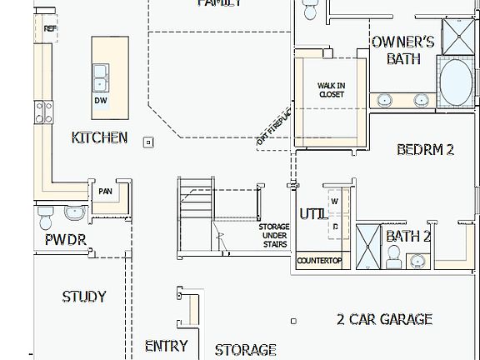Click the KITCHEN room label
[100, 137]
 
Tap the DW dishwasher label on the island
[100, 101]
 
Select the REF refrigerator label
[50, 28]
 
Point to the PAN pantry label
[105, 192]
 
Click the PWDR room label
[65, 242]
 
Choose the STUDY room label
[84, 297]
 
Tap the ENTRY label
[166, 346]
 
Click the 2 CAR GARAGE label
[384, 319]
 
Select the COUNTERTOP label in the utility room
[320, 261]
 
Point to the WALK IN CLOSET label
[331, 90]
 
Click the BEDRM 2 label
[425, 150]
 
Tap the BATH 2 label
[408, 237]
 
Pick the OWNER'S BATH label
[403, 50]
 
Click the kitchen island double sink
[101, 77]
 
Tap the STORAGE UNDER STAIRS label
[273, 235]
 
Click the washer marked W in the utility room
[335, 201]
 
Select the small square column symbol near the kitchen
[149, 142]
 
